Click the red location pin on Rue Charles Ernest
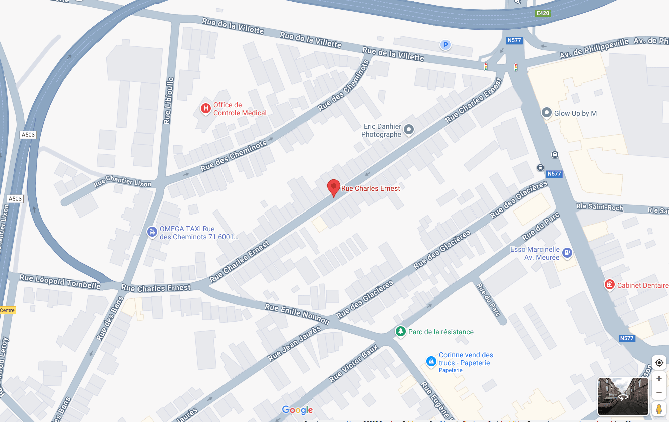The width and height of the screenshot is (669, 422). click(333, 187)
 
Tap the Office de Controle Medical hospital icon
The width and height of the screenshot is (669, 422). click(205, 108)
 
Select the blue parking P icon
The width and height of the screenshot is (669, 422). click(445, 45)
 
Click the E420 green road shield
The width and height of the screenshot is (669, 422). click(543, 13)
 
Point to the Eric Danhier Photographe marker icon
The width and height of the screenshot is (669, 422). click(409, 130)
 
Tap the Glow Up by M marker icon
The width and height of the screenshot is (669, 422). click(547, 113)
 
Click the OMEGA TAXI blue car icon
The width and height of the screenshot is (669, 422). click(152, 232)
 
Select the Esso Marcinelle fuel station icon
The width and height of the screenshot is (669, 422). click(567, 253)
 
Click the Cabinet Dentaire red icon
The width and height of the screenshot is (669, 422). click(609, 285)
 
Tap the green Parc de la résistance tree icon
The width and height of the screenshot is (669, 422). click(400, 331)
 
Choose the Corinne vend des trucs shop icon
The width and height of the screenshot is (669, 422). click(431, 361)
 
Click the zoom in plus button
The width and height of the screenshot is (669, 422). click(659, 379)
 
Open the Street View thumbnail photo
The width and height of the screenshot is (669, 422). click(623, 396)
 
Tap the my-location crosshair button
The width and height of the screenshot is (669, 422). click(659, 363)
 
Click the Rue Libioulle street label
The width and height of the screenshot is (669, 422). click(168, 100)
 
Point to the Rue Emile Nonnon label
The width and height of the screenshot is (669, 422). click(297, 314)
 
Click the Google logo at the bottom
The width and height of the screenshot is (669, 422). click(297, 410)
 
